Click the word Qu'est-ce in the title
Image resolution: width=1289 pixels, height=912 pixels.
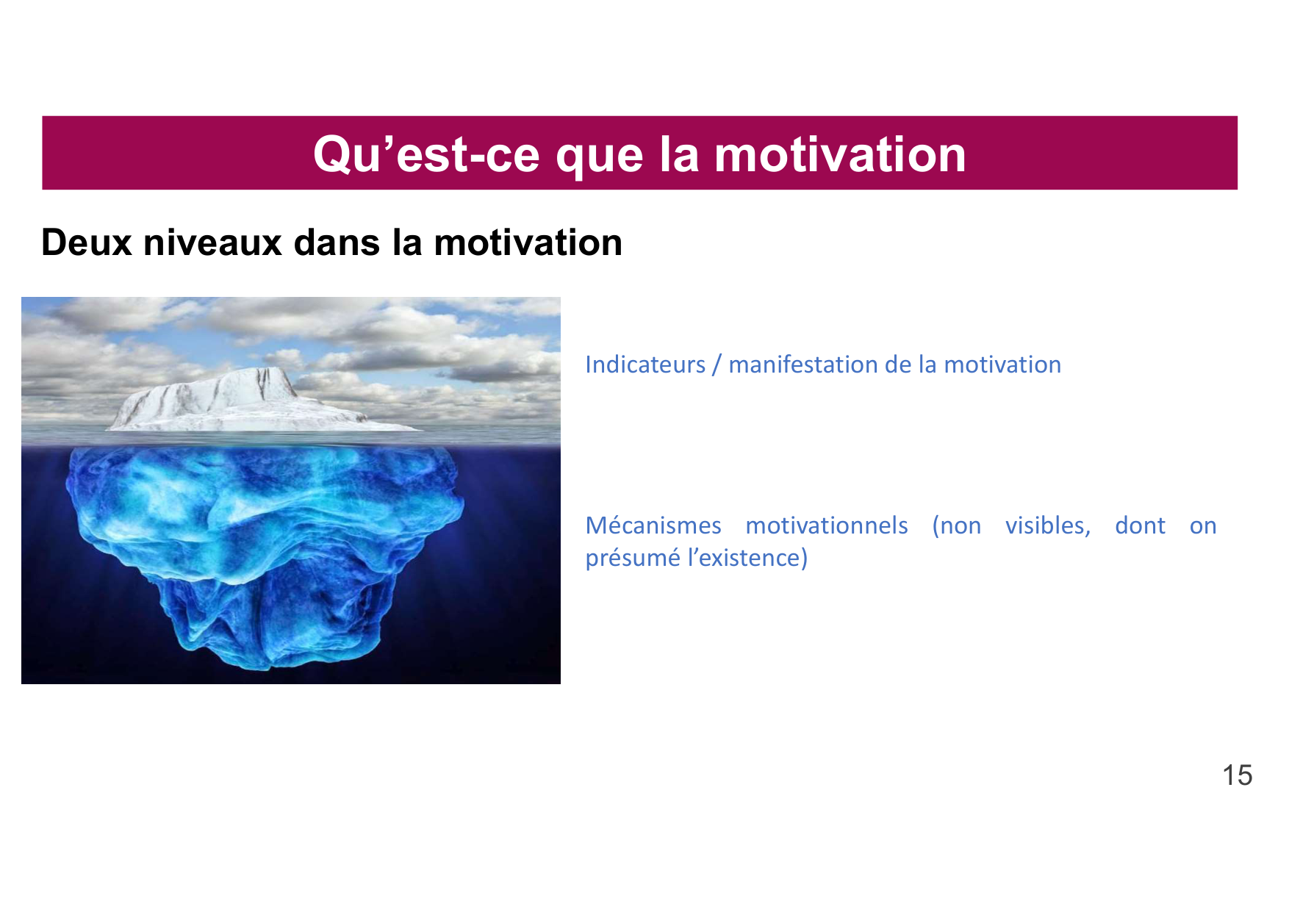pyautogui.click(x=427, y=154)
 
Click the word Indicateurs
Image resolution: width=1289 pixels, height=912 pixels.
pyautogui.click(x=644, y=365)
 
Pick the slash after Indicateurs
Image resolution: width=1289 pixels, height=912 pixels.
pyautogui.click(x=717, y=365)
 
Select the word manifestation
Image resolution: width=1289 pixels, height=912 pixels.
pyautogui.click(x=801, y=365)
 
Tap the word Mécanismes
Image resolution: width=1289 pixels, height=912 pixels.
pyautogui.click(x=653, y=525)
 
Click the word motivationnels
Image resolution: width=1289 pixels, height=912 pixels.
pyautogui.click(x=826, y=525)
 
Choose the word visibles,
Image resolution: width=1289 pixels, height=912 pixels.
pyautogui.click(x=1047, y=525)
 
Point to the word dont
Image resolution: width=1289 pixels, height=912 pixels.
pyautogui.click(x=1140, y=525)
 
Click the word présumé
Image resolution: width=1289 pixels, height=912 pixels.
pyautogui.click(x=632, y=558)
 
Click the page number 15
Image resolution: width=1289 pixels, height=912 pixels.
pyautogui.click(x=1237, y=775)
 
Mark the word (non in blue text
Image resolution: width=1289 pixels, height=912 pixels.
pyautogui.click(x=956, y=525)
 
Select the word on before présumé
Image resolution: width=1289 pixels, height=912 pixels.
pyautogui.click(x=1203, y=525)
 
